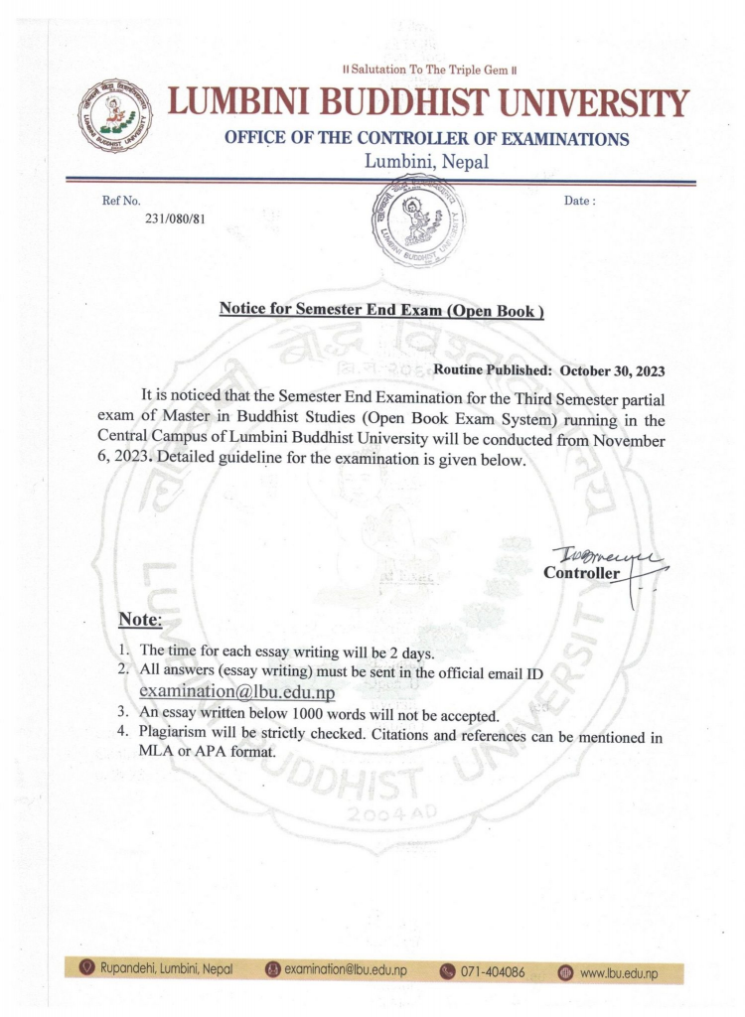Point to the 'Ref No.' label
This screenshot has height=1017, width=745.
121,201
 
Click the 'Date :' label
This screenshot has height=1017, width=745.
580,201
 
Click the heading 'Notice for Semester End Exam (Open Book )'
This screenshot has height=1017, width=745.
381,309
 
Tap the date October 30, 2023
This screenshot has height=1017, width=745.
612,370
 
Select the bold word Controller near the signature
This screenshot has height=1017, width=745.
581,573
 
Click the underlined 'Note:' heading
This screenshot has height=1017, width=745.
140,620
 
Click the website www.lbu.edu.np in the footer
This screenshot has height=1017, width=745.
618,972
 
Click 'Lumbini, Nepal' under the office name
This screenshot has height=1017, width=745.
426,162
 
